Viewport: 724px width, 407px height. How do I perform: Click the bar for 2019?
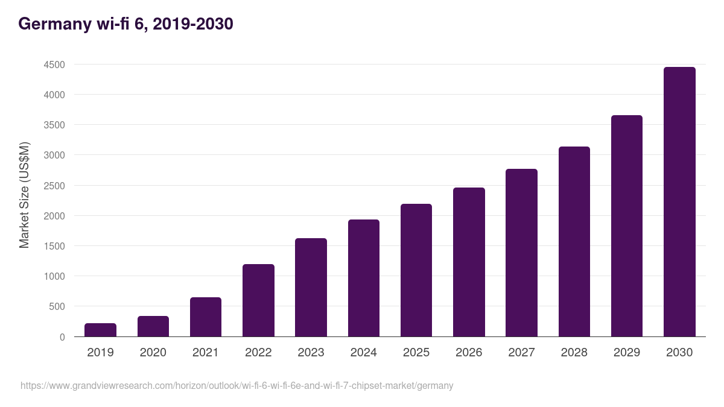[100, 330]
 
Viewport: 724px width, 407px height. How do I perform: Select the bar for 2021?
[206, 317]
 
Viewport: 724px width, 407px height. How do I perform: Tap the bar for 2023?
[311, 288]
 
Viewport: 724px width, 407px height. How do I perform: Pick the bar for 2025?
[416, 270]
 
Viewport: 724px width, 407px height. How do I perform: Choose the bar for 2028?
[574, 242]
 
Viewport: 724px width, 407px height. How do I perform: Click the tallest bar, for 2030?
[679, 202]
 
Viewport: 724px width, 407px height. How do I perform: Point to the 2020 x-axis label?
[153, 353]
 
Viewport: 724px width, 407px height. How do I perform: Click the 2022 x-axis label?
[258, 353]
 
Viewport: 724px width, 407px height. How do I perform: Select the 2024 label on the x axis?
[364, 353]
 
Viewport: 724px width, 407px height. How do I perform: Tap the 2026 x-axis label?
[469, 353]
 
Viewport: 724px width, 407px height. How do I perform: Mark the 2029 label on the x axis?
[627, 353]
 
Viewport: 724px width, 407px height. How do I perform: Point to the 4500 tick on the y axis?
[54, 65]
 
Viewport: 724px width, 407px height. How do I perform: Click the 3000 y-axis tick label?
[54, 156]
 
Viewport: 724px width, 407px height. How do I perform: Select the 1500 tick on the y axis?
[54, 246]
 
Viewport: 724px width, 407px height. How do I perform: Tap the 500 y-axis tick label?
[57, 307]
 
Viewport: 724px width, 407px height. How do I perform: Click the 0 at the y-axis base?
[62, 337]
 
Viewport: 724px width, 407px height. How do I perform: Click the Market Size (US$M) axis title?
[24, 195]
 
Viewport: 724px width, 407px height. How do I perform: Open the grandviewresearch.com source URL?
[237, 385]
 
